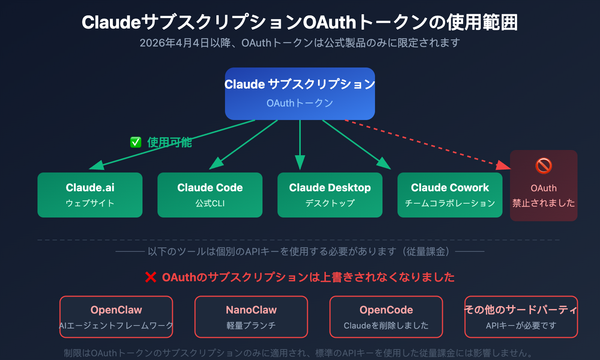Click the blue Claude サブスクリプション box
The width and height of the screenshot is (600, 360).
300,94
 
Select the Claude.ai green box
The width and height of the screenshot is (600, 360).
90,195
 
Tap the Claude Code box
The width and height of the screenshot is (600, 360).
210,195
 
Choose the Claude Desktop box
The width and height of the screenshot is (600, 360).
330,195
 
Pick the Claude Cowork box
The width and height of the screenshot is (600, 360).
450,195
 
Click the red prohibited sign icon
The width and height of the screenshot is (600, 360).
544,166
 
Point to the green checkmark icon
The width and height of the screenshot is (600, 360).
136,142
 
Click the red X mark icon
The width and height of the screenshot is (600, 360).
151,277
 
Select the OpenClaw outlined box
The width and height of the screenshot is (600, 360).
116,317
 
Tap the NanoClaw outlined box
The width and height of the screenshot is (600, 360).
251,317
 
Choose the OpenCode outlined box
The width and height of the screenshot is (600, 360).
386,317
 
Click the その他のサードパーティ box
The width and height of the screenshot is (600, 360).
521,317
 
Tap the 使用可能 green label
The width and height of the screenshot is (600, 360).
169,142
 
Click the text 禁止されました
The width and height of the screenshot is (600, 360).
544,203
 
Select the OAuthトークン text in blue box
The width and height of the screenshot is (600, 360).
300,103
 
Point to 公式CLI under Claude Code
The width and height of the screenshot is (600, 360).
210,203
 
